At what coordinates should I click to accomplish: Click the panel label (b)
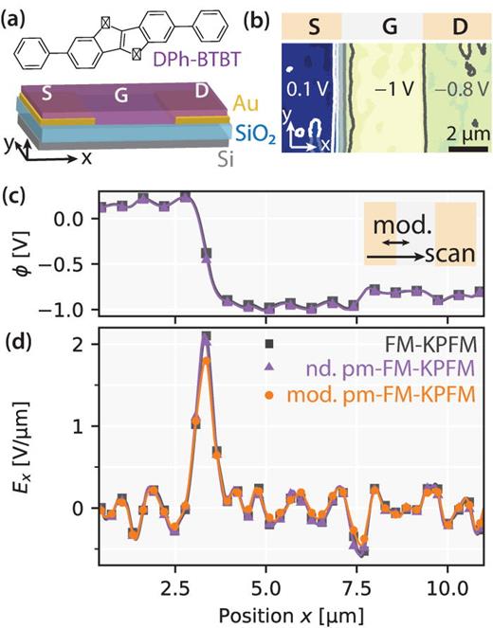coord(262,11)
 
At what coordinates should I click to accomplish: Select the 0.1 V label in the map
coord(306,93)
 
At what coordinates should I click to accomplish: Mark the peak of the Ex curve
coord(206,337)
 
